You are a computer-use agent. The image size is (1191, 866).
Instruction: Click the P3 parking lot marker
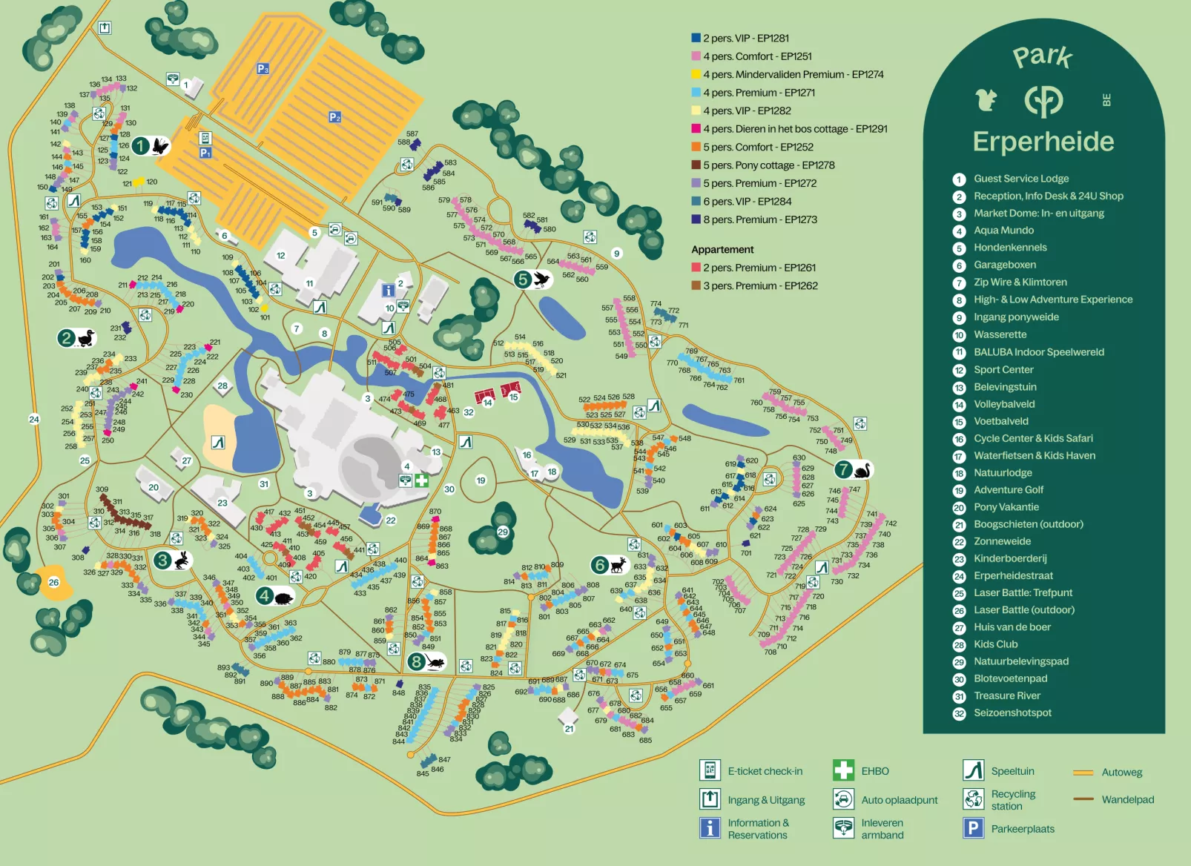click(263, 69)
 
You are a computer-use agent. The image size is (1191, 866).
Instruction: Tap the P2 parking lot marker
click(334, 117)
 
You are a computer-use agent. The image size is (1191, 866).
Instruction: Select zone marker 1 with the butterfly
click(151, 146)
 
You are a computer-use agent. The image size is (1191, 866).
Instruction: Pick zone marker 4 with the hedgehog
click(274, 596)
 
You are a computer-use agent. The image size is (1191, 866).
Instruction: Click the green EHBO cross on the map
click(421, 480)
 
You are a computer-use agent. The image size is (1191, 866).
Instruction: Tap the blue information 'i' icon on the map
click(388, 291)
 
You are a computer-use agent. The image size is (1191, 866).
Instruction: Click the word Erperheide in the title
click(1043, 142)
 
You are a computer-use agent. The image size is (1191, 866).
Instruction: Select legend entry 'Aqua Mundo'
click(1003, 231)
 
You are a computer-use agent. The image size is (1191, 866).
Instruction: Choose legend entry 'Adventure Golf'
click(1008, 490)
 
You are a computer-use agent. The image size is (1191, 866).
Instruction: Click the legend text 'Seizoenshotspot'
click(1012, 713)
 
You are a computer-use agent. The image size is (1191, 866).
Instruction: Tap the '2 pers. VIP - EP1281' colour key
click(696, 38)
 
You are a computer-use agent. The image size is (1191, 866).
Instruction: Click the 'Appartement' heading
click(722, 250)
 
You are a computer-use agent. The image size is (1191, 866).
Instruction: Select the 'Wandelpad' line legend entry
click(1126, 799)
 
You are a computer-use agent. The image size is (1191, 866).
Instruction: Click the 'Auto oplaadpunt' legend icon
click(843, 799)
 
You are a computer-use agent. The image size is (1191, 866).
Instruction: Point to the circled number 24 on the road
click(34, 419)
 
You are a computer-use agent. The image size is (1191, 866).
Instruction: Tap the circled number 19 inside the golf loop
click(481, 480)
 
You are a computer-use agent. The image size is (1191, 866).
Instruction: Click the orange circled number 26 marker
click(53, 582)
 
